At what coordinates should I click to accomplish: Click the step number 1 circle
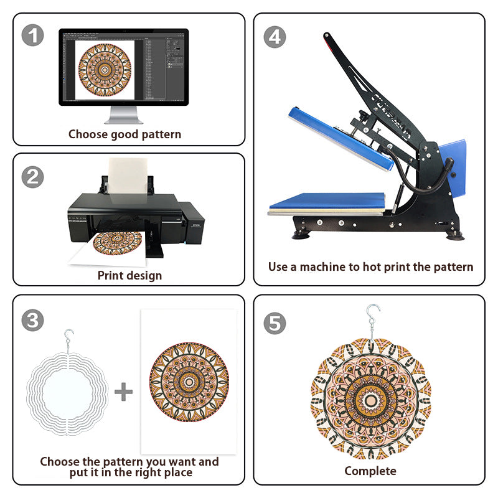pos(33,35)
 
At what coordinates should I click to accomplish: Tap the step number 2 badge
pos(33,177)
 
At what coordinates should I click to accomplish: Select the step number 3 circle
pos(33,320)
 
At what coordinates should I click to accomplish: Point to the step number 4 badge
pos(275,37)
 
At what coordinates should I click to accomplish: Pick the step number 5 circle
pos(275,323)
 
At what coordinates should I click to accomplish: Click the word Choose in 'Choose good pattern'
pos(88,134)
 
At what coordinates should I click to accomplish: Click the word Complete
pos(370,471)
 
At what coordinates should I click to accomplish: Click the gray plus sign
pos(123,392)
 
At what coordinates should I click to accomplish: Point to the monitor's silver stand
pos(123,115)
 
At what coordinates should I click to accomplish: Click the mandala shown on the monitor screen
pos(105,70)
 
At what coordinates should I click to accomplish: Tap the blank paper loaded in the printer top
pos(128,176)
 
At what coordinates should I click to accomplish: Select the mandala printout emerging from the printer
pos(118,243)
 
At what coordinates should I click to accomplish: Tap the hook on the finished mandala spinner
pos(372,321)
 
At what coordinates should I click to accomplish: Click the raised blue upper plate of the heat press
pos(341,139)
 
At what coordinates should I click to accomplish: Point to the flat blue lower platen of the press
pos(327,201)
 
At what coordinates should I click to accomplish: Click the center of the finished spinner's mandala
pos(370,401)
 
